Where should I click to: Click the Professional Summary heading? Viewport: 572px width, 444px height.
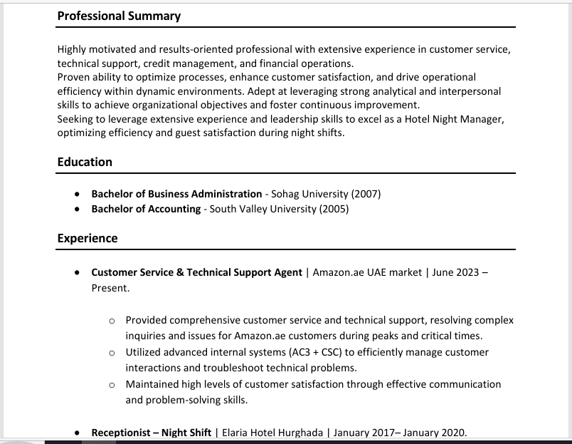click(x=119, y=16)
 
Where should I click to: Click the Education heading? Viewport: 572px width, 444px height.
click(x=85, y=162)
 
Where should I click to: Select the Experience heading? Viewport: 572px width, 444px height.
click(x=88, y=238)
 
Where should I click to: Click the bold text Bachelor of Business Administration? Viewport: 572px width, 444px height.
click(x=176, y=194)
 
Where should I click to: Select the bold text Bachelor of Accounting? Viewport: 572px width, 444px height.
click(x=146, y=209)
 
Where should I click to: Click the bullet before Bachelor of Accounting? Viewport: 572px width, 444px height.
click(x=77, y=210)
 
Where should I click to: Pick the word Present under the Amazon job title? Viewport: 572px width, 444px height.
click(x=110, y=288)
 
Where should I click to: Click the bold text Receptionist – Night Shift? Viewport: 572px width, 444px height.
click(x=152, y=433)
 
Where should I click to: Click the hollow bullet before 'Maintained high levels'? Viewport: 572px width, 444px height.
click(x=112, y=385)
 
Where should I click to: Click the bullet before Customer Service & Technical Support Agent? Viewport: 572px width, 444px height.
click(x=77, y=273)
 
